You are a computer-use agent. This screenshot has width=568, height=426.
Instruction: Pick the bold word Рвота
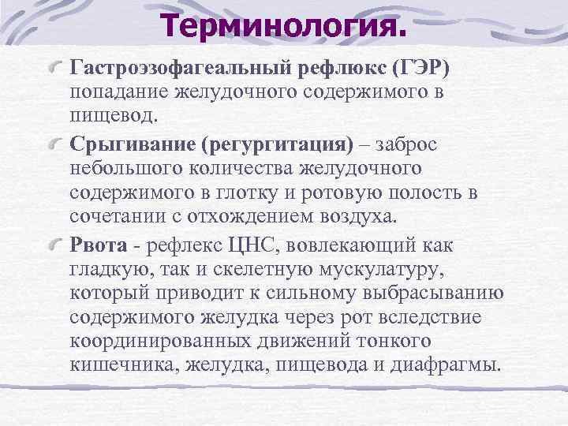coord(95,247)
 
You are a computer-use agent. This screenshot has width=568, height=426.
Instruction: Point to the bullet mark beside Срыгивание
coord(55,145)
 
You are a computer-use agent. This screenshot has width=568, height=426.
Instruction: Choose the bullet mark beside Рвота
coord(55,246)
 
